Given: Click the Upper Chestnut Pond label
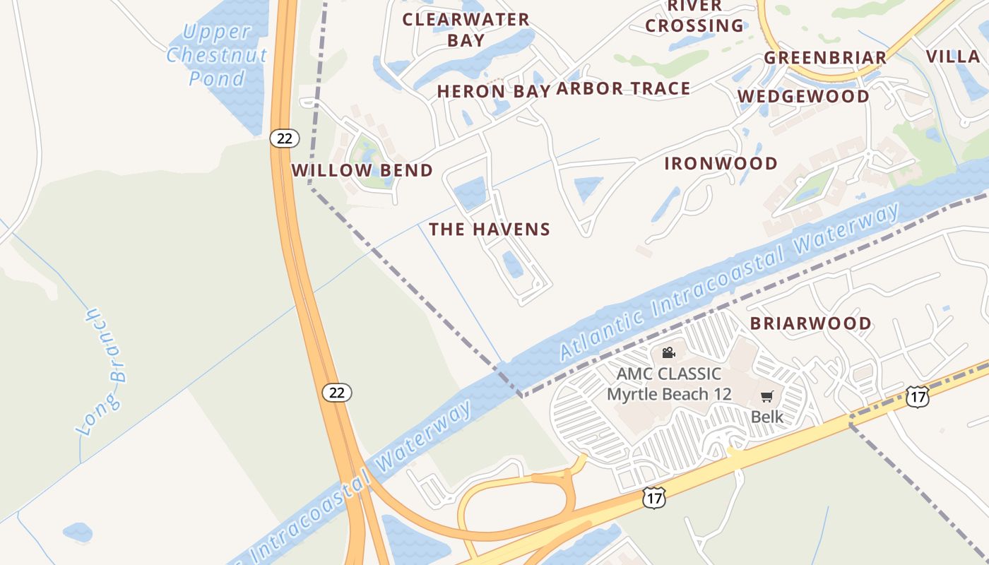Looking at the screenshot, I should pos(217,54).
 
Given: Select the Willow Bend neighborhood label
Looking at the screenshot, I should pos(362,170).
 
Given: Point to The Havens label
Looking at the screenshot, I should pos(489,229).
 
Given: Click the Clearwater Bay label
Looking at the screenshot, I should pos(466,30).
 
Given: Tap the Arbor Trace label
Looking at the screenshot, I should pos(623,88).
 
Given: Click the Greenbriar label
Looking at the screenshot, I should pos(825,57).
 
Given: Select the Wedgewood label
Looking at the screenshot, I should pos(803,96).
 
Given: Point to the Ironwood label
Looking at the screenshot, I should pos(721,163).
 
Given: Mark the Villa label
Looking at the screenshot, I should pos(952,56).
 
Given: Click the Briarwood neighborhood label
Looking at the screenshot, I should pos(810,323).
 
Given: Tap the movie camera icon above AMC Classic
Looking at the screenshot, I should pos(668,352).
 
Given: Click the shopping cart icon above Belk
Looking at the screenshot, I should pos(766,397).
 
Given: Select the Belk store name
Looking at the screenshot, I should pos(766,416).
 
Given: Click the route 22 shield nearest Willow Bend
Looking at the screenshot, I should pos(284,138).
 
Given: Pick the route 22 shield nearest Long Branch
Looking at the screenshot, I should pos(337,393).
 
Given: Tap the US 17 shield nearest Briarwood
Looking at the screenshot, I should pos(917,397).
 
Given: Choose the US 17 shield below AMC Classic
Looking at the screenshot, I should pos(654,499).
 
